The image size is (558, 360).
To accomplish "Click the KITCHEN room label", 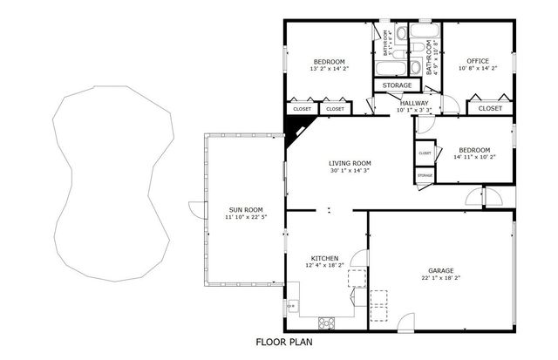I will (325, 259).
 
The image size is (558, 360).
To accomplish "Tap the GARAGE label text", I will (441, 271).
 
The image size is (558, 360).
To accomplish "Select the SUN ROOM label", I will (245, 209).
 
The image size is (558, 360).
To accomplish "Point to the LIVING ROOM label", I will (350, 163).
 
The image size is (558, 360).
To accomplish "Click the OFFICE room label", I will (477, 61).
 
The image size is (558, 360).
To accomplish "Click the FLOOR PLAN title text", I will (283, 343).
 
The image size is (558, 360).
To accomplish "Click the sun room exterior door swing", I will (196, 209).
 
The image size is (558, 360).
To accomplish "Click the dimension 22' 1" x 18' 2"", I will (441, 280).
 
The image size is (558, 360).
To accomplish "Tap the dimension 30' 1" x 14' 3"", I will (350, 171).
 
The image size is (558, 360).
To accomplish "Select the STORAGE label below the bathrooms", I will (391, 85).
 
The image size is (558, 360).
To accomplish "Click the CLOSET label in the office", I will (490, 109).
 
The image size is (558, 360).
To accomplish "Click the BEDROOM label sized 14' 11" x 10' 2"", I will (472, 149).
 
